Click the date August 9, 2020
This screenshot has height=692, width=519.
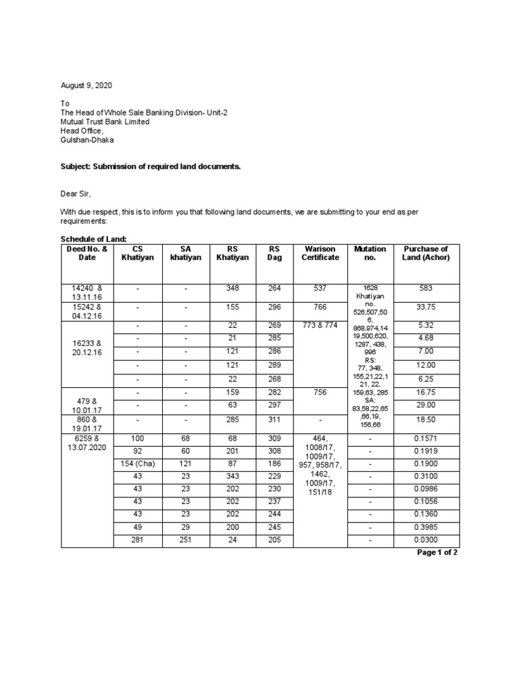click(x=86, y=86)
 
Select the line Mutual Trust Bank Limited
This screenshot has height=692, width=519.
click(x=105, y=122)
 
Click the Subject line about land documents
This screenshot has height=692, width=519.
click(x=151, y=166)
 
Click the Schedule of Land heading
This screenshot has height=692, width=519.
click(x=93, y=239)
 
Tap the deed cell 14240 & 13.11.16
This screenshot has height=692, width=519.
click(x=88, y=292)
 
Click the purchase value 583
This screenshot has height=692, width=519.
click(x=425, y=288)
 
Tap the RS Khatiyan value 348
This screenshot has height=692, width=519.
click(x=232, y=288)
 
